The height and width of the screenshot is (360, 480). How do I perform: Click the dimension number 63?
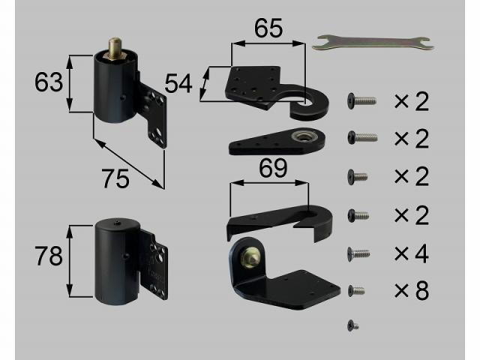48,82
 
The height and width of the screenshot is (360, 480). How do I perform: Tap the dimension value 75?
115,178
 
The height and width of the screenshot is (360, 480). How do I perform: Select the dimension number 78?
48,256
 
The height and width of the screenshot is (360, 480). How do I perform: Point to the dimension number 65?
268,28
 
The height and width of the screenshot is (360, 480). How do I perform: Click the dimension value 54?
178,83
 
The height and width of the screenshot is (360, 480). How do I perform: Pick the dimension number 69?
273,168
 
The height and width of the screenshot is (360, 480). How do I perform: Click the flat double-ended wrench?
373,43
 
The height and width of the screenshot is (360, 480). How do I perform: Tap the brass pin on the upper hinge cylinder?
115,48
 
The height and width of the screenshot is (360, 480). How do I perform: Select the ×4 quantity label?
412,253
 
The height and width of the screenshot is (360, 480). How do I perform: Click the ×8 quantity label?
412,291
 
